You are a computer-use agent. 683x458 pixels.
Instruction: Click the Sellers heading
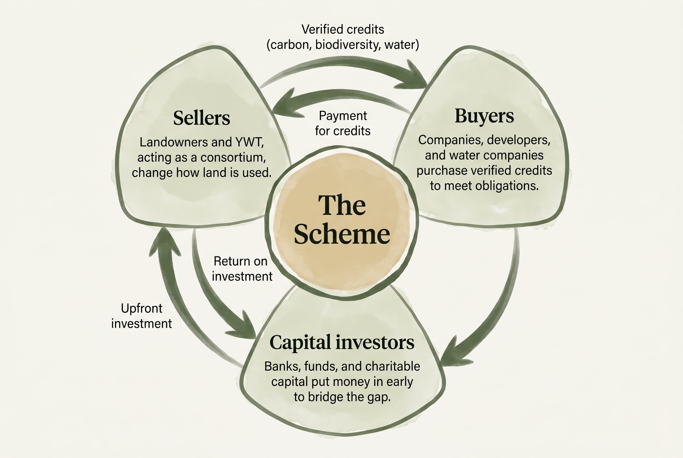[x=201, y=118]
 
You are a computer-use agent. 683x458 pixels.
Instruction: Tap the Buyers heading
[x=484, y=116]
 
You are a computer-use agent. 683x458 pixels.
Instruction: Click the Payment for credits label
[x=343, y=123]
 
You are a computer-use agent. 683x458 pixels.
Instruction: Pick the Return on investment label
[x=242, y=269]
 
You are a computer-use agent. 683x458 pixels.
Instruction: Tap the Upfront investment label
[x=142, y=316]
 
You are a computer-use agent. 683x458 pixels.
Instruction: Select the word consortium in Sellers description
[x=233, y=157]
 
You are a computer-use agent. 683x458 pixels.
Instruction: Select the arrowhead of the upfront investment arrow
[x=165, y=241]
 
